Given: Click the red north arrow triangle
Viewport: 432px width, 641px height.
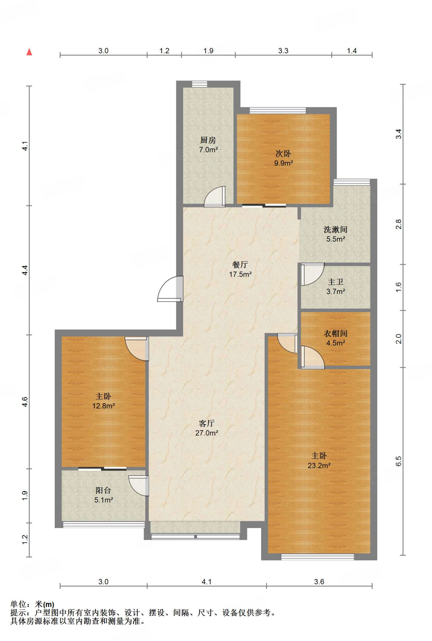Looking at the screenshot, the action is (x=29, y=52).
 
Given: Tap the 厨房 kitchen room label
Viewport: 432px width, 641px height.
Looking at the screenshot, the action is (x=208, y=140).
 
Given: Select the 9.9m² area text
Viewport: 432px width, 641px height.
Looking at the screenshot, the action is (x=284, y=163).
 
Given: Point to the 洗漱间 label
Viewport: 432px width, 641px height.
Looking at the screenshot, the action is (x=336, y=229).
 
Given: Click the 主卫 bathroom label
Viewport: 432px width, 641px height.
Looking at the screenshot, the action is (x=336, y=282).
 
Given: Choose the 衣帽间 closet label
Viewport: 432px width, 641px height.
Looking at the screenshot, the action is (x=336, y=333).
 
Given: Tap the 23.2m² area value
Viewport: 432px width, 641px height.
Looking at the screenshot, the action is (x=319, y=465).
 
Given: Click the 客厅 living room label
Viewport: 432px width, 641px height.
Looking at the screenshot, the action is (x=207, y=423).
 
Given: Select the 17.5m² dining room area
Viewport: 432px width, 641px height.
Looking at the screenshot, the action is (x=240, y=274).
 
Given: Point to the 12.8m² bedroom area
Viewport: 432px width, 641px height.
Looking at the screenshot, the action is (x=103, y=406).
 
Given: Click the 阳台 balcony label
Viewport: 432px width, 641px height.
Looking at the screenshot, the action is (x=103, y=490).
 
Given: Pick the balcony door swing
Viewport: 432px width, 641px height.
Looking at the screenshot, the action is (x=139, y=486).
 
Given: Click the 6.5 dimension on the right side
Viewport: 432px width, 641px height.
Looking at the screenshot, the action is (x=399, y=461).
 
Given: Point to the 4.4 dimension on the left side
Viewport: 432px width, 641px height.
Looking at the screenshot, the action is (x=25, y=270).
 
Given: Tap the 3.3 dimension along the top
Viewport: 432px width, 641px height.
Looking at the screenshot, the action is (x=283, y=51).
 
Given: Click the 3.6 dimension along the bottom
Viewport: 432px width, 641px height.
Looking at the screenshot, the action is (x=319, y=582).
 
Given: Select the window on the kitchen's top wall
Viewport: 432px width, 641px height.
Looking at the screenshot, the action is (x=200, y=84).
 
